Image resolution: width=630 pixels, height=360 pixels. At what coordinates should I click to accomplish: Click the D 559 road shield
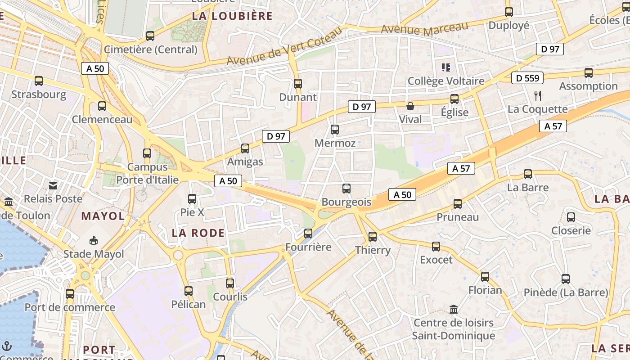pyautogui.click(x=527, y=78)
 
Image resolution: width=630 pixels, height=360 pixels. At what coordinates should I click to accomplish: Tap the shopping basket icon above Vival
pyautogui.click(x=410, y=107)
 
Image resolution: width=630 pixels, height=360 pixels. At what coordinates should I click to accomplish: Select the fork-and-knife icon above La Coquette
pyautogui.click(x=537, y=95)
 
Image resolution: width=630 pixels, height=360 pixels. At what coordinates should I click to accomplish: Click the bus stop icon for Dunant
pyautogui.click(x=297, y=84)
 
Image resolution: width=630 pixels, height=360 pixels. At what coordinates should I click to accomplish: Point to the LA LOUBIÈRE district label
pyautogui.click(x=232, y=16)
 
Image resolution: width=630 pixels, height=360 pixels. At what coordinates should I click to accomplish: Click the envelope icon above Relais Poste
pyautogui.click(x=53, y=185)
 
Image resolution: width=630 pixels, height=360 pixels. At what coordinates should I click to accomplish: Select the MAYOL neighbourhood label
pyautogui.click(x=103, y=216)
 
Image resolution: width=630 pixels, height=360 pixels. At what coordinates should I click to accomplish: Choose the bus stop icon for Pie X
pyautogui.click(x=192, y=199)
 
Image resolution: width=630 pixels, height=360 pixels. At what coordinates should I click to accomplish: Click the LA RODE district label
pyautogui.click(x=198, y=233)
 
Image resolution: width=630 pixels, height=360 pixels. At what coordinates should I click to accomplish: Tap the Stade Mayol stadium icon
pyautogui.click(x=94, y=241)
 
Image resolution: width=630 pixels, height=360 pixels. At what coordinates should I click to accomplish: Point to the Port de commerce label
pyautogui.click(x=70, y=307)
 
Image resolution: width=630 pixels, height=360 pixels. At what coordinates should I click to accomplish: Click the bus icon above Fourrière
pyautogui.click(x=308, y=234)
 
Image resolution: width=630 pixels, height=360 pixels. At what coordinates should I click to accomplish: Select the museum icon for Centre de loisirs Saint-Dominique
pyautogui.click(x=454, y=310)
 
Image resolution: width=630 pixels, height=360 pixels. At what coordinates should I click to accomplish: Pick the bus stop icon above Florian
pyautogui.click(x=485, y=277)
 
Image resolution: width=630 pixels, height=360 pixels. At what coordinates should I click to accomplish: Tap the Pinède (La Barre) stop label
pyautogui.click(x=566, y=292)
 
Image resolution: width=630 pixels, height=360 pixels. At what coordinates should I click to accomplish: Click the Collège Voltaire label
pyautogui.click(x=445, y=81)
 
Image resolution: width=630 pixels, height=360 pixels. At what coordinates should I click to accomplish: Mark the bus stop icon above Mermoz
pyautogui.click(x=335, y=130)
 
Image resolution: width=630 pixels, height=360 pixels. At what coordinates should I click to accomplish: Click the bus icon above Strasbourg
pyautogui.click(x=39, y=81)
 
